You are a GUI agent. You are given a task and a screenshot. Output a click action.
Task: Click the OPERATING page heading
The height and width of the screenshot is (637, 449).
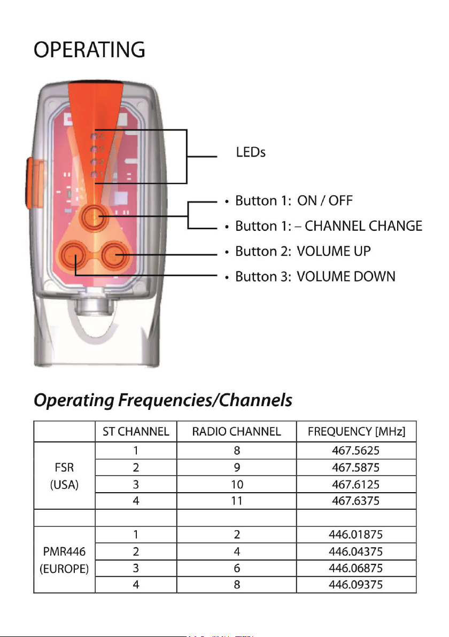coord(89,50)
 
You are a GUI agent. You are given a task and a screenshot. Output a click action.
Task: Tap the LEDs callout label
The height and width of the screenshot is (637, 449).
coord(251,152)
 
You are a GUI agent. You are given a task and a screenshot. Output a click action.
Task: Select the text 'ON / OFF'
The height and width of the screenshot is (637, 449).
coord(324,201)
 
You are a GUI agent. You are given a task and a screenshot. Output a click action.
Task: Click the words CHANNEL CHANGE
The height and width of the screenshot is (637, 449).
coord(363,226)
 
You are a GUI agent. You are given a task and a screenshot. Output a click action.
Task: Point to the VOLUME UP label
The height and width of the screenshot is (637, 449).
coord(334,251)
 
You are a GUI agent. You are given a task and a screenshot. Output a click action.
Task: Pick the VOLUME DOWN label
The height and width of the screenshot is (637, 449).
coord(346,277)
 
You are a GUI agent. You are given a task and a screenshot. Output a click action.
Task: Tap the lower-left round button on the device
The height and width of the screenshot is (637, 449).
coord(73,255)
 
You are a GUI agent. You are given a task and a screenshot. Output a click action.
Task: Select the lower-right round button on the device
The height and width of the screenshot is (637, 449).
coord(115,255)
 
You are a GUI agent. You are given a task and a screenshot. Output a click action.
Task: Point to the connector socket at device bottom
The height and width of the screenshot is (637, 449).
coord(92,304)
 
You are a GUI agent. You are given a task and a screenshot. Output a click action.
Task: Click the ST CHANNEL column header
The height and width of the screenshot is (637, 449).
coord(136,431)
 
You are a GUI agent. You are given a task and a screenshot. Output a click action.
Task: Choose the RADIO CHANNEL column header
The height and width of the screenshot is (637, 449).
coord(236,431)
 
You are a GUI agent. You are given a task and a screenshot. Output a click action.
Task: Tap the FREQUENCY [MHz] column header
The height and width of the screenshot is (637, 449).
coord(357,431)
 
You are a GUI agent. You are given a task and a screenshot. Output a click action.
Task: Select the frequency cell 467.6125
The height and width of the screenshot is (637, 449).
coord(355,484)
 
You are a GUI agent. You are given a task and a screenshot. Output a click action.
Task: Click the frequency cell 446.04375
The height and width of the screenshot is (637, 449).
coord(355,551)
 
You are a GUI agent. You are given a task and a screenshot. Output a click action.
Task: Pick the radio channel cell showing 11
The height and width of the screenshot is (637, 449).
coord(237,501)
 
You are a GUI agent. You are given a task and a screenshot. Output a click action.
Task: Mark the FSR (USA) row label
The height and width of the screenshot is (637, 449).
coord(64,476)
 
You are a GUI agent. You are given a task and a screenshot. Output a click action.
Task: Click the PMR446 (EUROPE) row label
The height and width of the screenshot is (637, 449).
coord(64,560)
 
